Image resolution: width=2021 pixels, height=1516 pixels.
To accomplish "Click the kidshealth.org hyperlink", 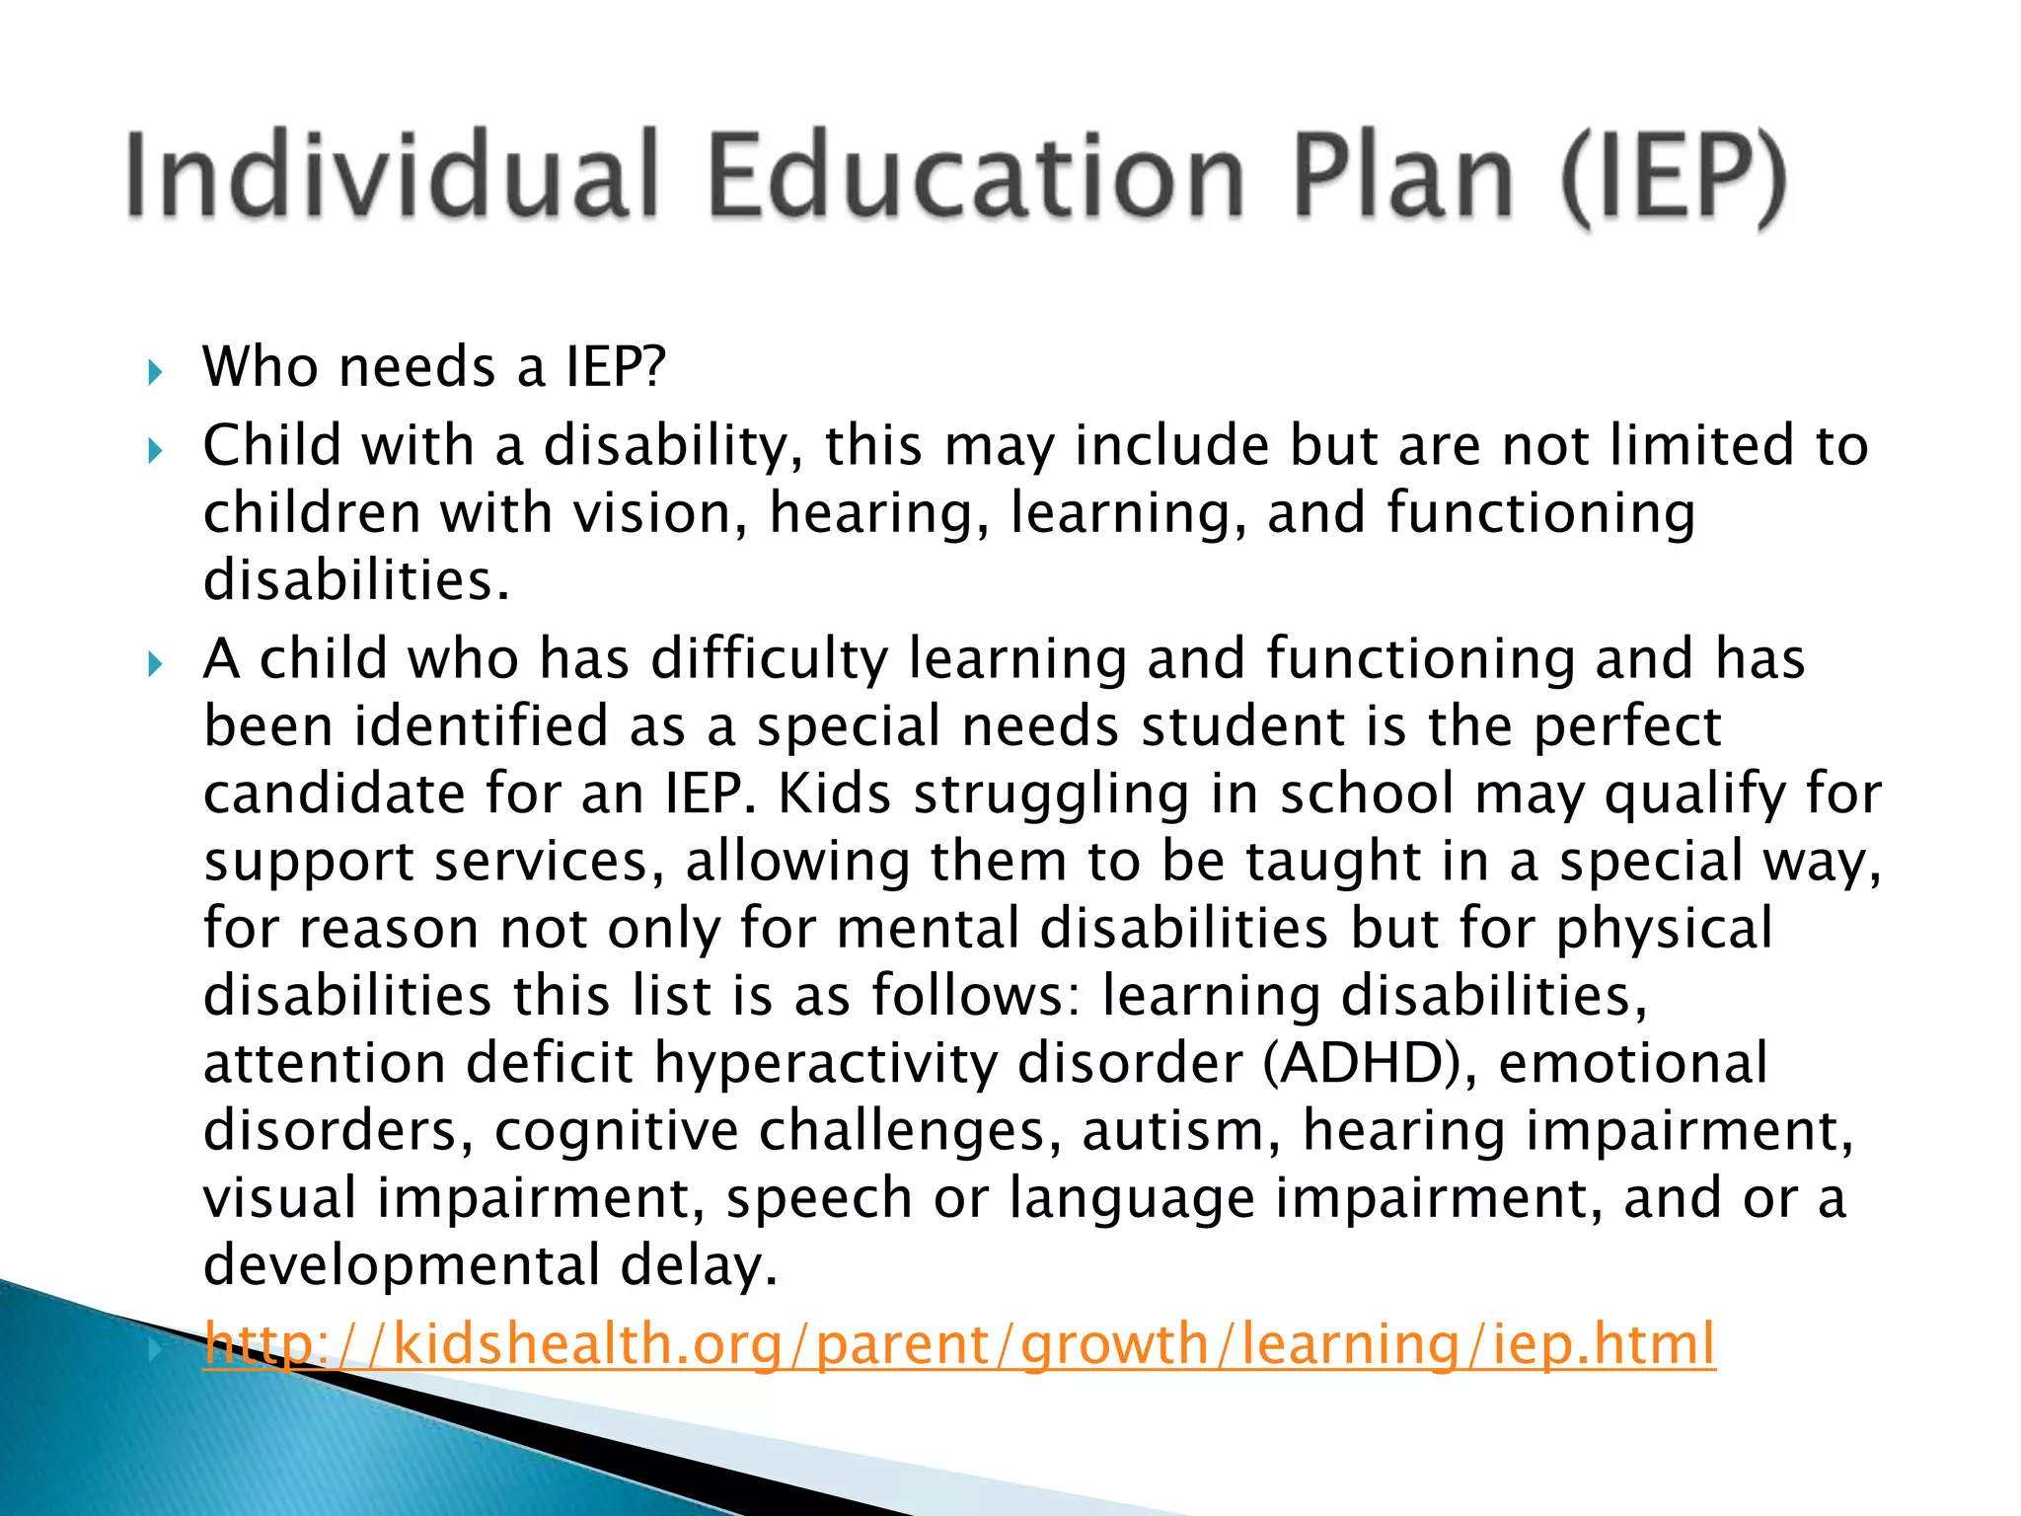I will coord(959,1343).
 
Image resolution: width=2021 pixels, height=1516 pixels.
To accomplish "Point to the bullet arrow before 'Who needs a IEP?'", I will coord(154,373).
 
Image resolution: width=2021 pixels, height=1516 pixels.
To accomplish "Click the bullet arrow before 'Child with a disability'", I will coord(154,452).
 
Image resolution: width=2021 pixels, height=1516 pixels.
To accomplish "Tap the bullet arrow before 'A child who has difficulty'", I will coord(154,664).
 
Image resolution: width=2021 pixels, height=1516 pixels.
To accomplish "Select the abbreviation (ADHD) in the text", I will coord(1371,1063).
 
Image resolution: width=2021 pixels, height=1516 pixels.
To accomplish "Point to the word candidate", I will coord(334,794).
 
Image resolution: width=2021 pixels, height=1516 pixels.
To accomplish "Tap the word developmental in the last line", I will coord(401,1265).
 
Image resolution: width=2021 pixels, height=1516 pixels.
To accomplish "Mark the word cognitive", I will coord(616,1130).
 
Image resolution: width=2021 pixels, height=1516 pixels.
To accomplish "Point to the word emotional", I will coord(1632,1063).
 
